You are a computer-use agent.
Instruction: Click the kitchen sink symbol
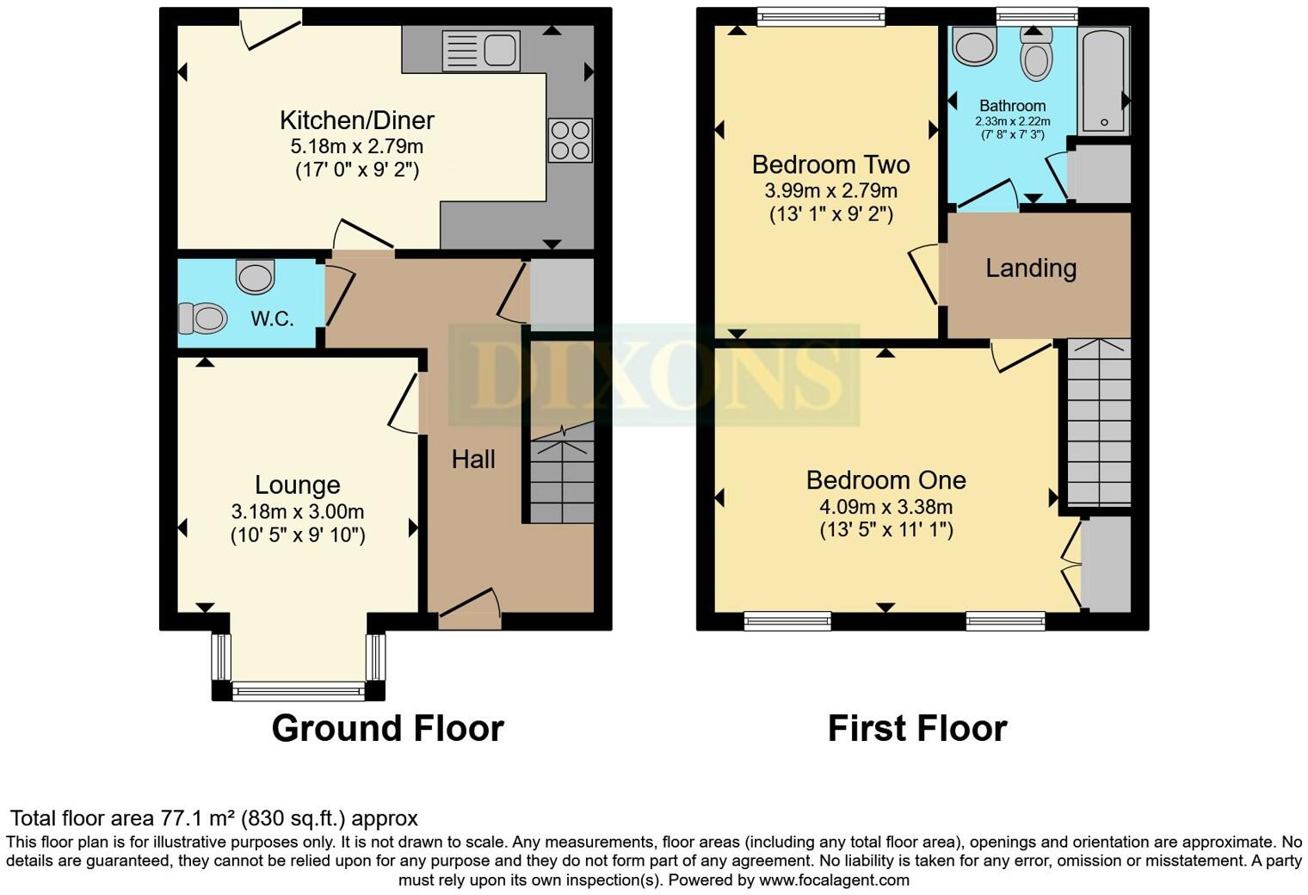click(481, 51)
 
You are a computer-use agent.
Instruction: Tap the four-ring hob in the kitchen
click(570, 139)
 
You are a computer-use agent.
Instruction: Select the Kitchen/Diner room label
click(356, 120)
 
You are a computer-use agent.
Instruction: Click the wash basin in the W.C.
click(256, 277)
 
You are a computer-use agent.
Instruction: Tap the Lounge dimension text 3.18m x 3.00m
click(298, 511)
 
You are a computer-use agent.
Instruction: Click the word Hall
click(473, 460)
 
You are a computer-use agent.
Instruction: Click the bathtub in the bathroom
click(1104, 82)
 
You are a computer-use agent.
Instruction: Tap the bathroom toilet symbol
click(1036, 56)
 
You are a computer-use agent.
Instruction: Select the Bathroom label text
click(1012, 106)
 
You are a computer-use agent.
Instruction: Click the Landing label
click(1031, 268)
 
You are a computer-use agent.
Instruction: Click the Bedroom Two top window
click(821, 16)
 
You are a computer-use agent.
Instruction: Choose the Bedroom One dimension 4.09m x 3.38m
click(885, 507)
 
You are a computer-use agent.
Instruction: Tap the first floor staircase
click(1098, 422)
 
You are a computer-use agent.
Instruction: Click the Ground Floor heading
click(387, 728)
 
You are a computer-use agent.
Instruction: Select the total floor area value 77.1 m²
click(197, 818)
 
